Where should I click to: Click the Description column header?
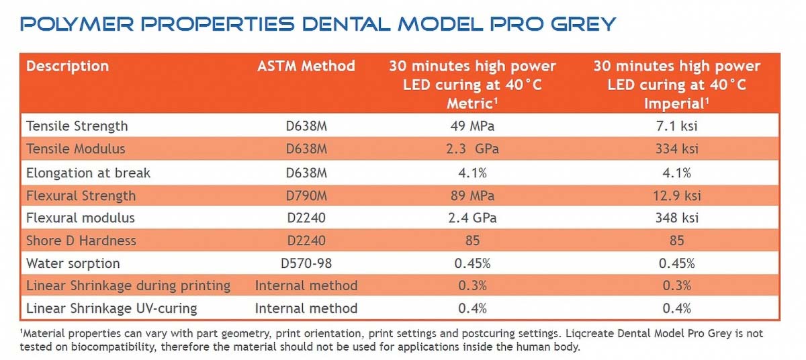coord(67,66)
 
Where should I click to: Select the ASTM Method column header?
coord(306,66)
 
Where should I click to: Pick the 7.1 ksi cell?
coord(677,126)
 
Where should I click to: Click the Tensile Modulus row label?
coord(75,148)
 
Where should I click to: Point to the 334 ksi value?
coord(677,148)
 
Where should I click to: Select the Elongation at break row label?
coord(88,172)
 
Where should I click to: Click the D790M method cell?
coord(306,195)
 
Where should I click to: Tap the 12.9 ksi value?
coord(677,195)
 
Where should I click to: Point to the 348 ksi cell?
coord(677,218)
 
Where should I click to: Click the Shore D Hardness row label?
coord(81,240)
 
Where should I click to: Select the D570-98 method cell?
coord(306,263)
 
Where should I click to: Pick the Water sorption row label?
coord(73,263)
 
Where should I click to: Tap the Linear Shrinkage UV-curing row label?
coord(111,308)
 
